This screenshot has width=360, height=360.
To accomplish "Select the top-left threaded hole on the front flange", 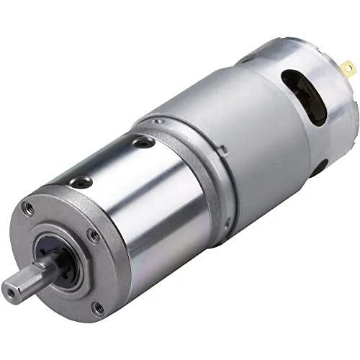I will pos(29,210).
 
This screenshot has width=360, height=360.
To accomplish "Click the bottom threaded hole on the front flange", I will pos(97,309).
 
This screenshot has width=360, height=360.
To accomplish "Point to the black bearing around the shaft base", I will pos(60,264).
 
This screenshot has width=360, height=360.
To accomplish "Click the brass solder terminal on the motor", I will pos(348,69).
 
